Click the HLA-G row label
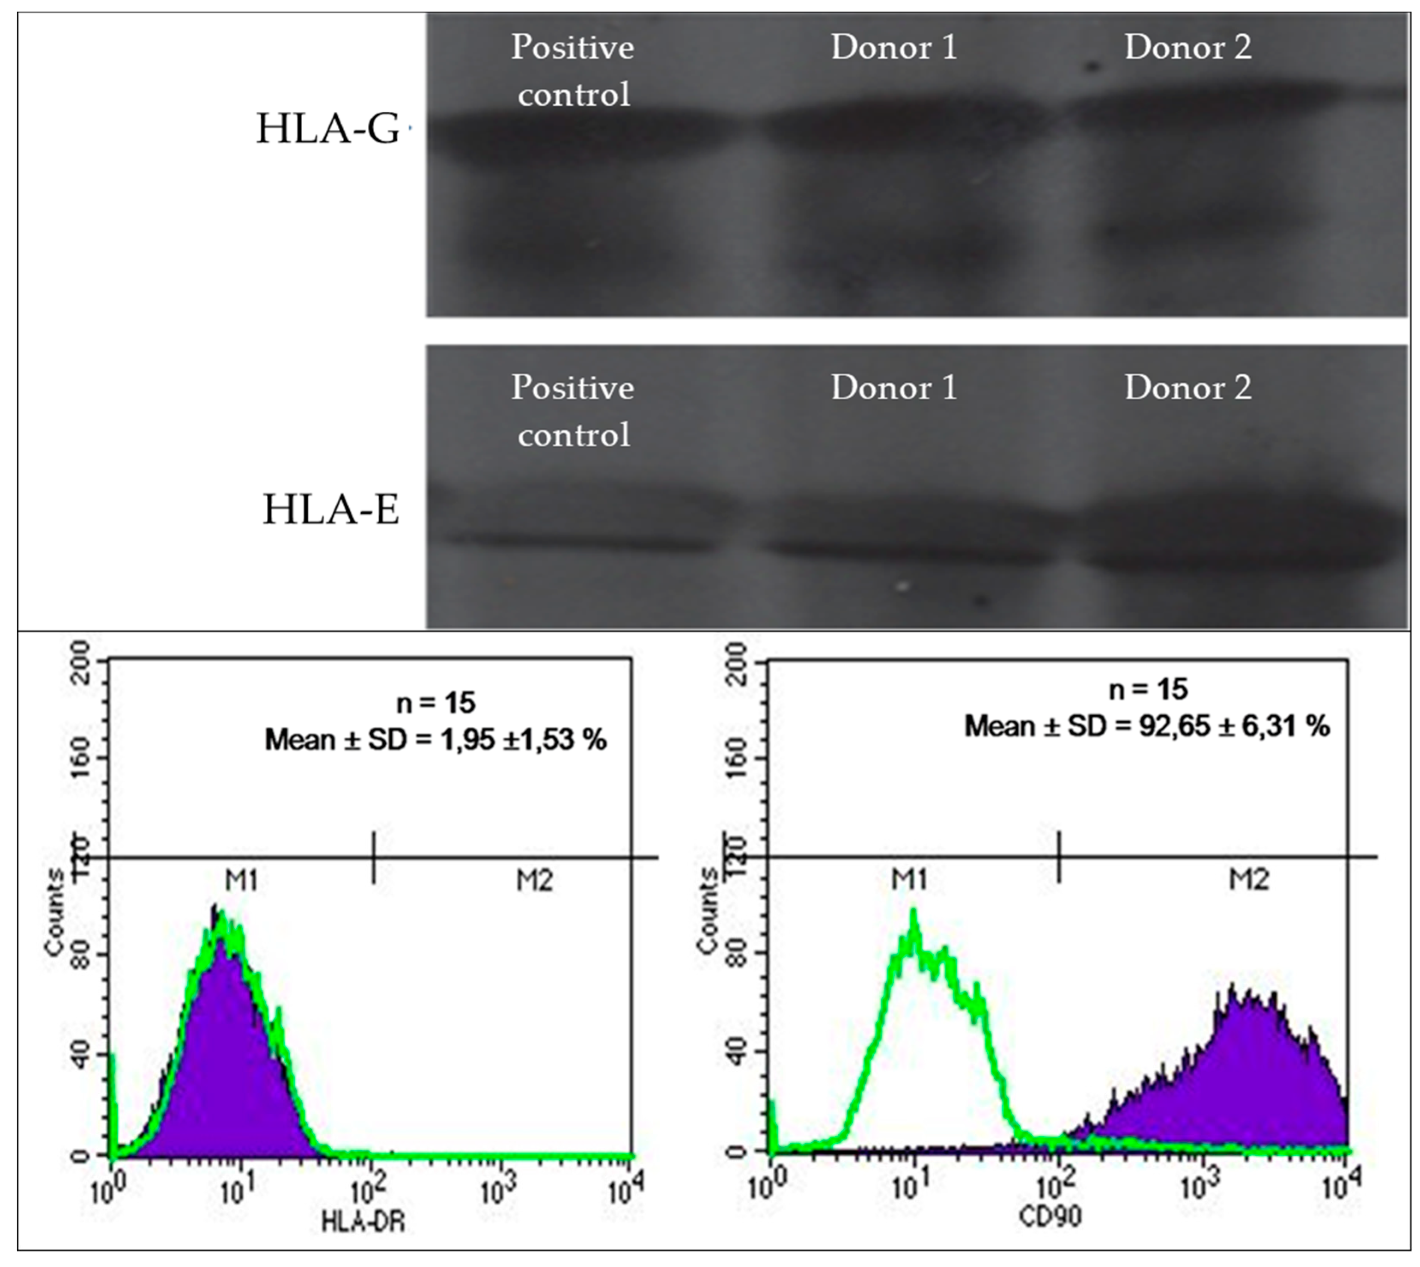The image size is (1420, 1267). [x=328, y=130]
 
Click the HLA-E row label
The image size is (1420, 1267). [x=330, y=510]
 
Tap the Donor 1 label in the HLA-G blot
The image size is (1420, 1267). [x=894, y=48]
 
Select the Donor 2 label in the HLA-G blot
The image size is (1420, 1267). [x=1188, y=48]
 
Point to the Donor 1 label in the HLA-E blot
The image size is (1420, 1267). [x=894, y=388]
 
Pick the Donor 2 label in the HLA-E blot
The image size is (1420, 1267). [x=1188, y=388]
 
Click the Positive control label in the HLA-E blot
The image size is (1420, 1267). [x=573, y=411]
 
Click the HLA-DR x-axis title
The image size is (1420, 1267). [x=363, y=1240]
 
